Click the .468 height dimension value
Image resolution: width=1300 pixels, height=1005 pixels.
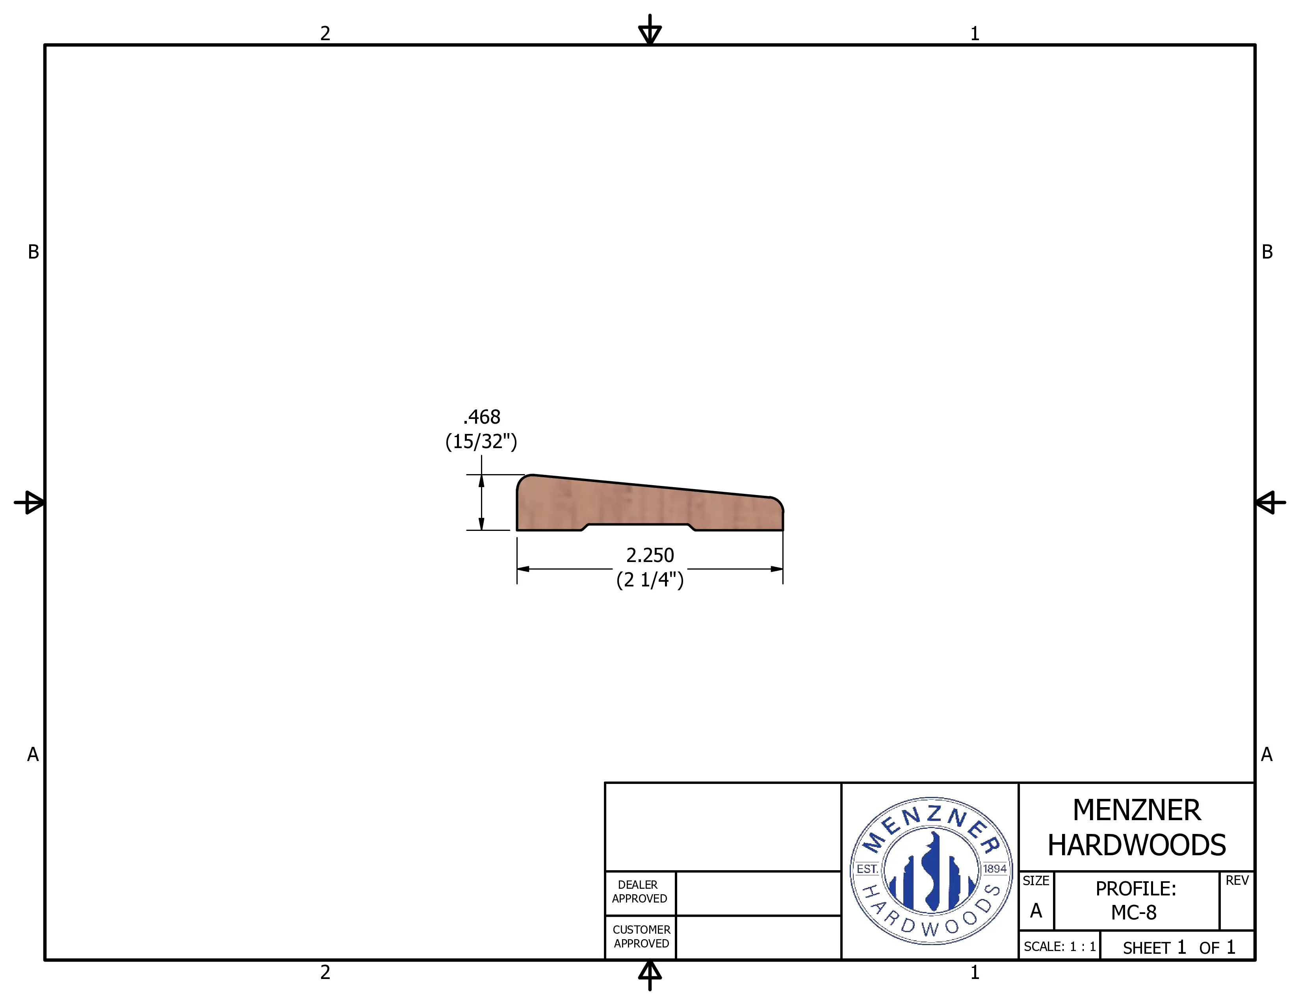pyautogui.click(x=481, y=417)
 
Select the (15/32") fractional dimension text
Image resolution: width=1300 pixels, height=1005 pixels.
pyautogui.click(x=481, y=441)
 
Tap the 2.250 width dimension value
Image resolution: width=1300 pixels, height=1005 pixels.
pyautogui.click(x=650, y=555)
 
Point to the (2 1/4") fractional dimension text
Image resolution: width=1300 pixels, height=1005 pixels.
pyautogui.click(x=650, y=579)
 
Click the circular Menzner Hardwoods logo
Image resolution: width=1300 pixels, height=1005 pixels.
pyautogui.click(x=932, y=871)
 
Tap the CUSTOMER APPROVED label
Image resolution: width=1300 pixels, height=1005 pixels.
pyautogui.click(x=641, y=936)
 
